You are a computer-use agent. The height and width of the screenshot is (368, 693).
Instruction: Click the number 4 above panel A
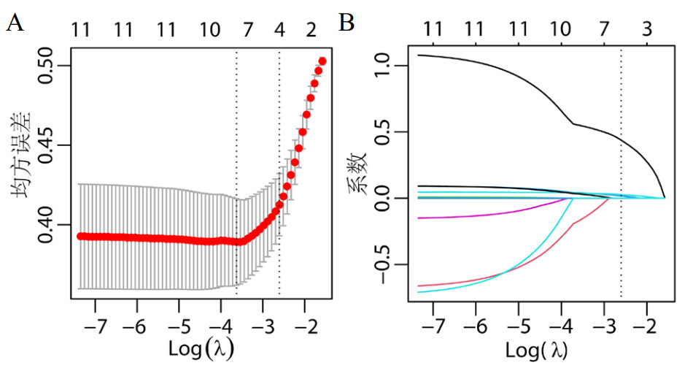(279, 30)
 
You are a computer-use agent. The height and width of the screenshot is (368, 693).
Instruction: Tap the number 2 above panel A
(311, 30)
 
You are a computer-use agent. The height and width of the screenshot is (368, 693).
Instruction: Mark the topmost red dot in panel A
(322, 61)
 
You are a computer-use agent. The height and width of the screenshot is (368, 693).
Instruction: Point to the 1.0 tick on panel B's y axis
(384, 66)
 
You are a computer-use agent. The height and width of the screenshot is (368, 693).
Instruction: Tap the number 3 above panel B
(646, 30)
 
